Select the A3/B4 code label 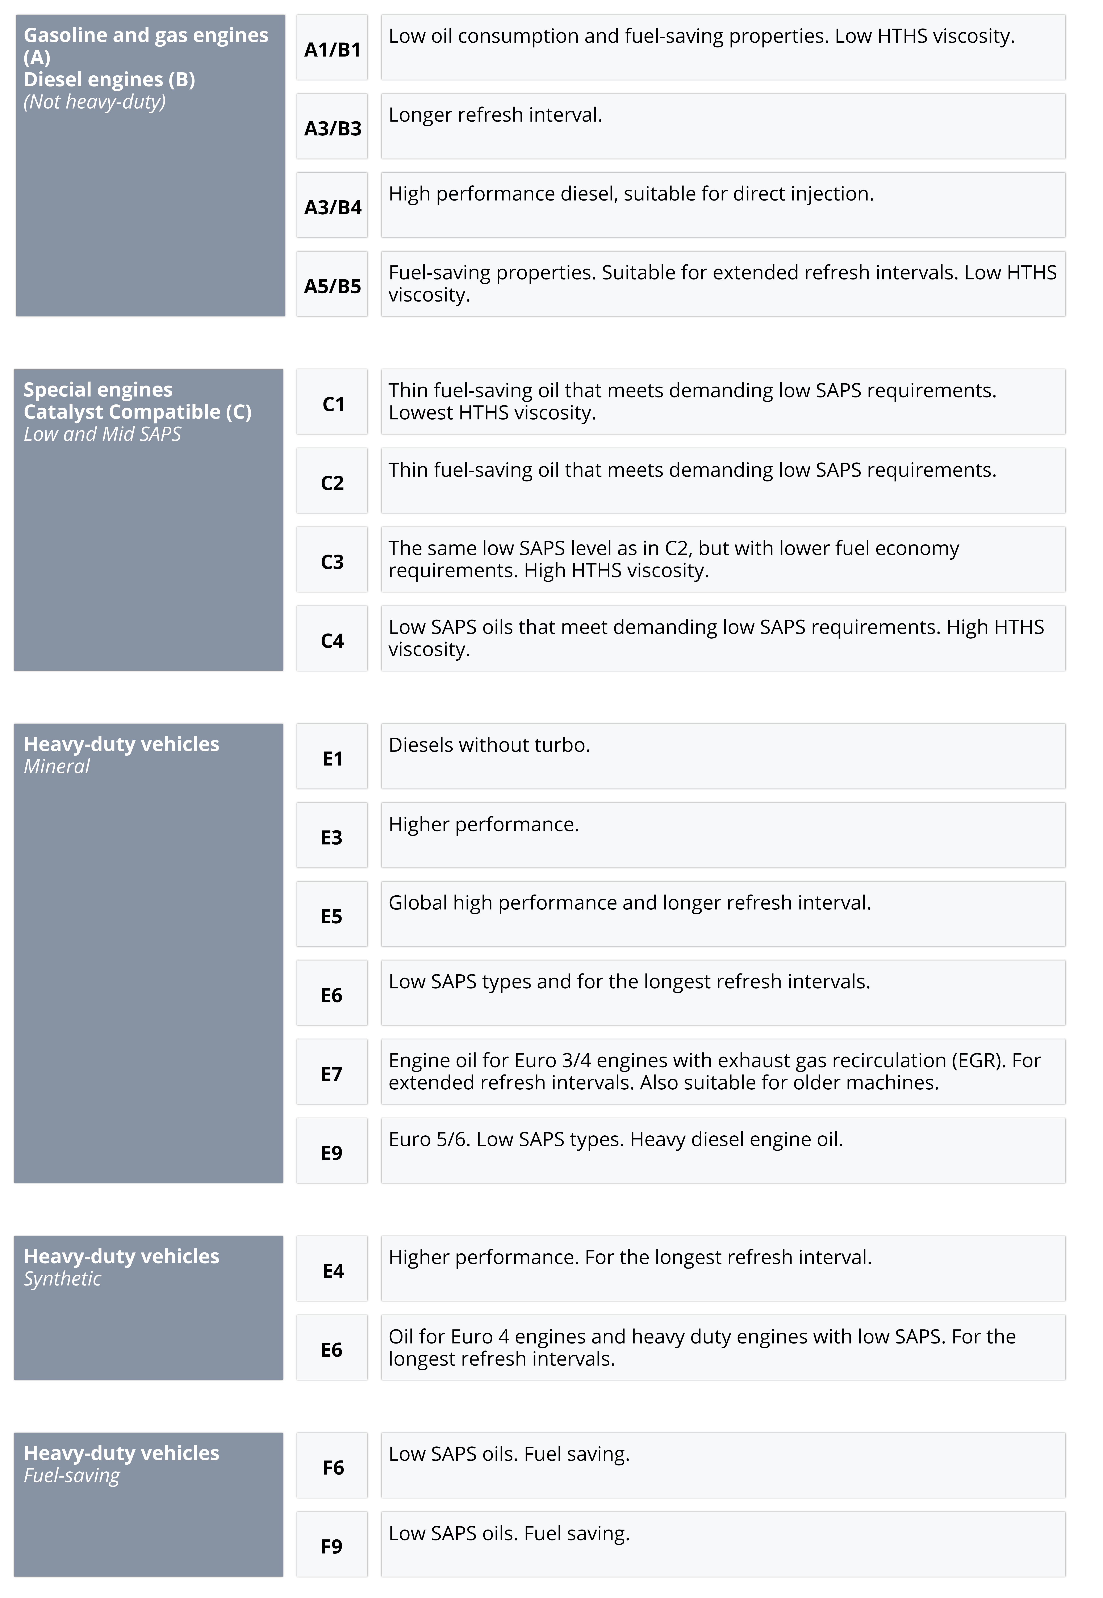tap(333, 207)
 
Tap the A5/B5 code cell tap(333, 285)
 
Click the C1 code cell tap(333, 403)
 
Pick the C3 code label tap(333, 561)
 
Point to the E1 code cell tap(333, 758)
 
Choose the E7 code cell tap(333, 1073)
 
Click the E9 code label tap(333, 1152)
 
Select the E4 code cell tap(333, 1270)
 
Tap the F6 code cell tap(333, 1467)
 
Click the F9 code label tap(333, 1546)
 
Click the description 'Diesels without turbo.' tap(489, 745)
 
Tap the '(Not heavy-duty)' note tap(95, 102)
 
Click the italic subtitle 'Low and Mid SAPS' tap(102, 434)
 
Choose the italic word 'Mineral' tap(57, 766)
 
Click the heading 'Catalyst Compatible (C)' tap(138, 412)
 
